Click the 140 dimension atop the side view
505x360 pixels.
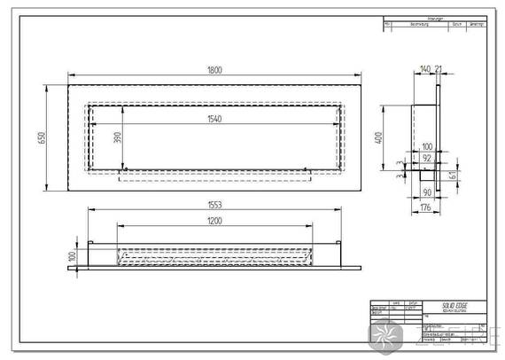[424, 67]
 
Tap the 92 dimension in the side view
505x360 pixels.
[426, 157]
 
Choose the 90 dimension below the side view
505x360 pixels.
[426, 192]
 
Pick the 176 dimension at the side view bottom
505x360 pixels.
[425, 208]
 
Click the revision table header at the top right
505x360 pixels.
[434, 19]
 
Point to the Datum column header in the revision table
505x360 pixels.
[457, 24]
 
